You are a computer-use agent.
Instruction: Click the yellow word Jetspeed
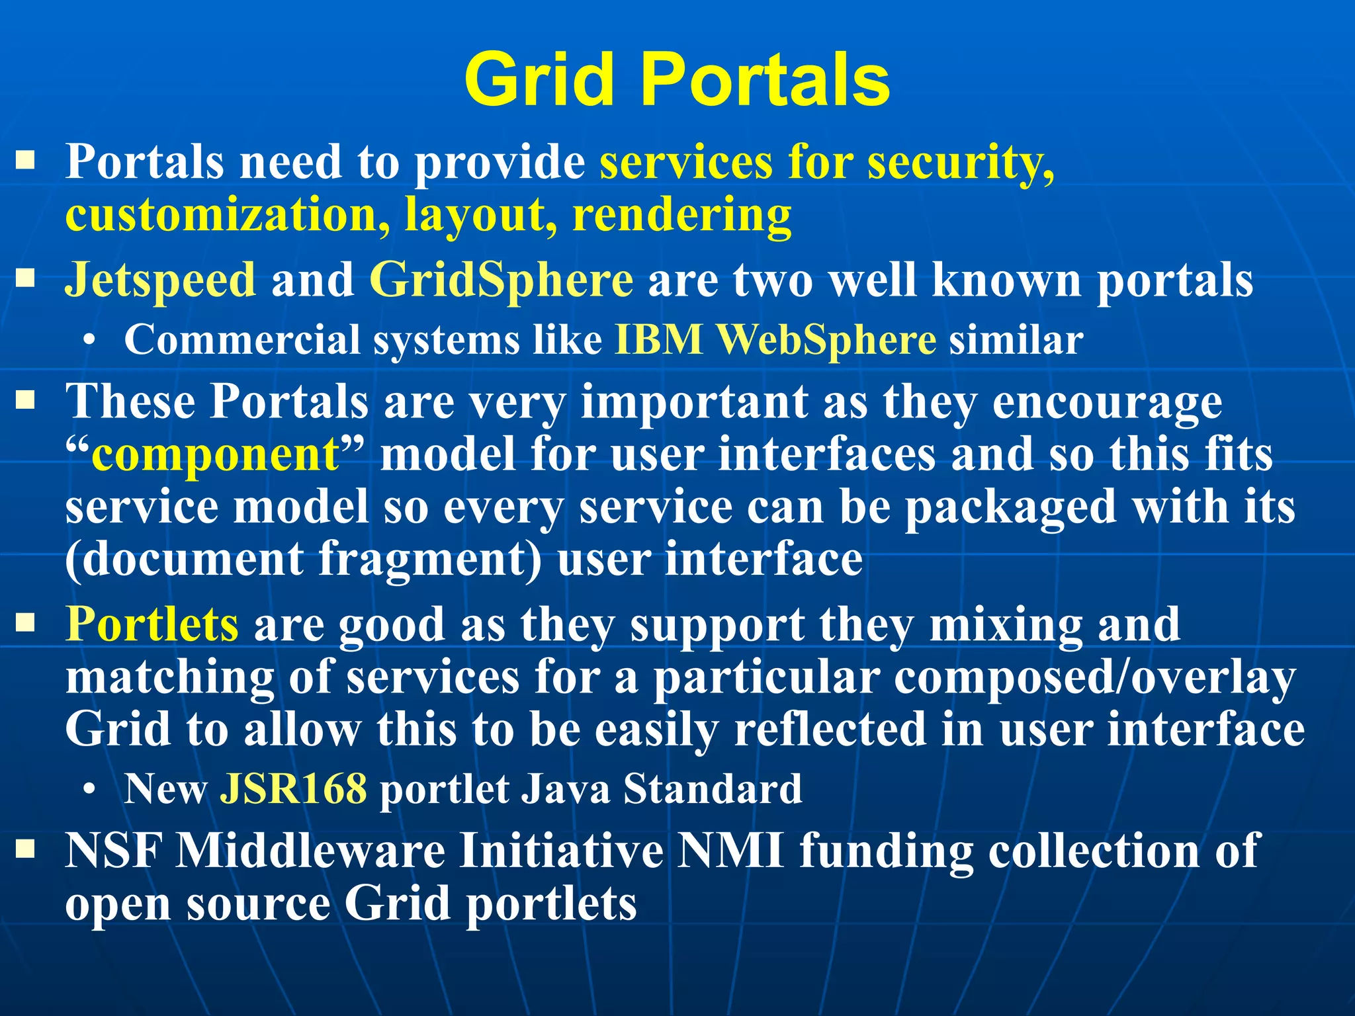click(160, 280)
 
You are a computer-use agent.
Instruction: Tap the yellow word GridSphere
click(501, 280)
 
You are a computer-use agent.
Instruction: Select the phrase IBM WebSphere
click(775, 340)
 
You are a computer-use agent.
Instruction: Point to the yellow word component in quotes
click(215, 455)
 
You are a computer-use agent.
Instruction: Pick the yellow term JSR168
click(293, 788)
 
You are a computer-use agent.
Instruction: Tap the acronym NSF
click(113, 851)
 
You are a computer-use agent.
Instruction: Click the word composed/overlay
click(1094, 677)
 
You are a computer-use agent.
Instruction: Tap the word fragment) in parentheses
click(430, 560)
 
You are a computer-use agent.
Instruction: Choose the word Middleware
click(311, 851)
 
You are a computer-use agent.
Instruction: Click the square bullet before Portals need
click(26, 160)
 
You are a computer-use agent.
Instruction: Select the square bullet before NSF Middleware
click(26, 849)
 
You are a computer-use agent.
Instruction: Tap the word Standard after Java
click(713, 788)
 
